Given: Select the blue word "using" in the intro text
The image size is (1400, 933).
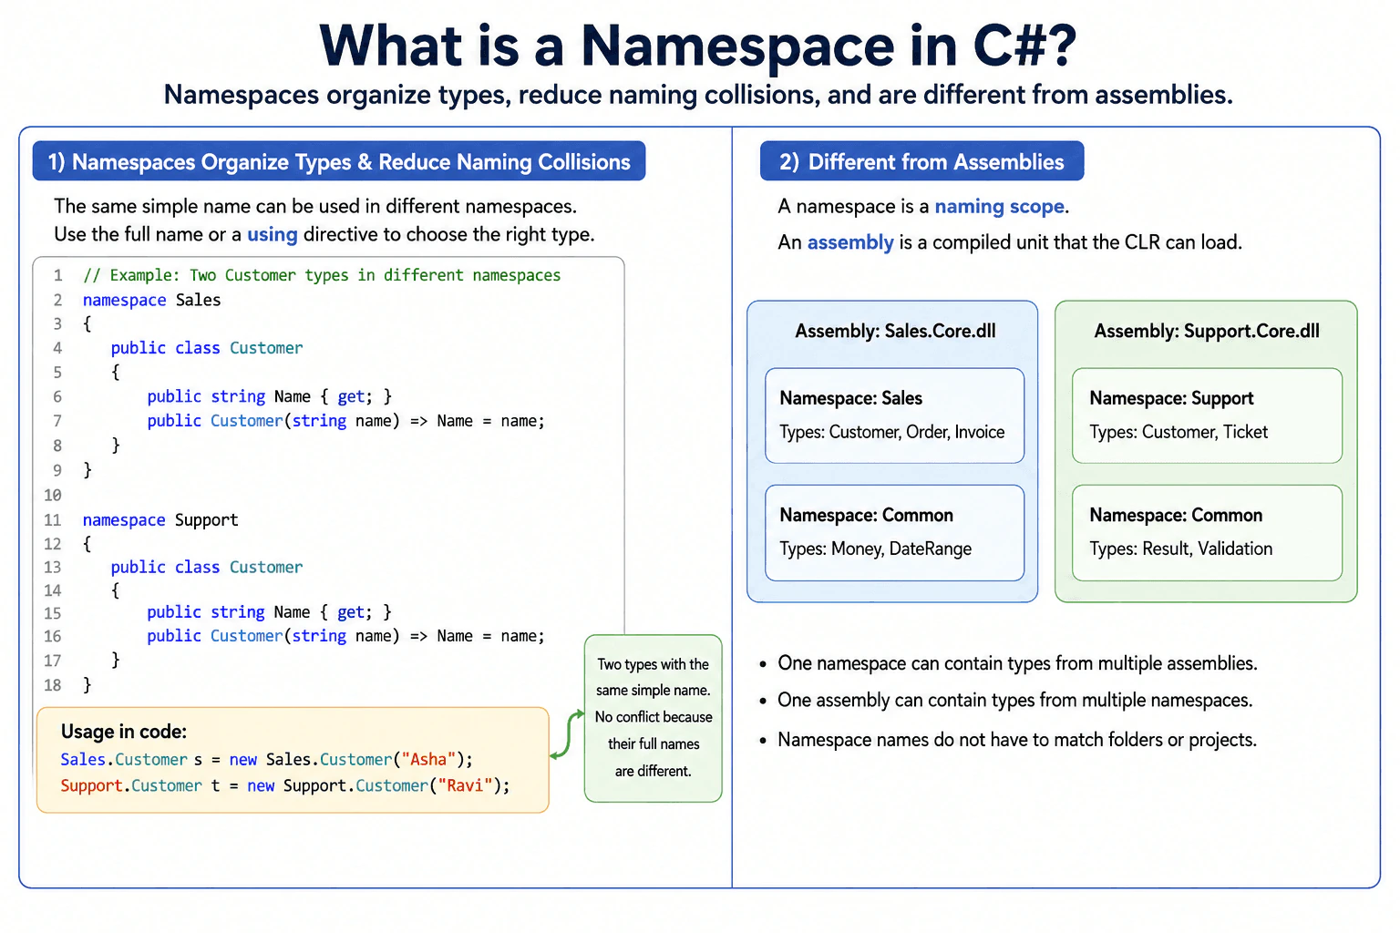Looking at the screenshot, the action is point(273,235).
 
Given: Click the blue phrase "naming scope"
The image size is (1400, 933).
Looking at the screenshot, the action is point(999,207).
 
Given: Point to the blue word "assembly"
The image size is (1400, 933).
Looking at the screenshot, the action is point(850,242).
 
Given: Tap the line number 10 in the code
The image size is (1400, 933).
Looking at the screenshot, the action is point(53,496).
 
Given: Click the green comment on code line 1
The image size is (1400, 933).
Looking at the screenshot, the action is point(322,275).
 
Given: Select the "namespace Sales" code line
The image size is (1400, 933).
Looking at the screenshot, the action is point(152,300).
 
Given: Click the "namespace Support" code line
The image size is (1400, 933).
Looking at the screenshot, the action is point(160,520).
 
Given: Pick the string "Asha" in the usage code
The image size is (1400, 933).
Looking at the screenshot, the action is point(428,759).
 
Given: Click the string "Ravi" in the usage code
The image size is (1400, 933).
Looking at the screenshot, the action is point(465,785).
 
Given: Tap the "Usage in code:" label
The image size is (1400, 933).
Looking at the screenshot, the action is point(124,731).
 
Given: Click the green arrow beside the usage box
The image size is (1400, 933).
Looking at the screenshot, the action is point(567,735).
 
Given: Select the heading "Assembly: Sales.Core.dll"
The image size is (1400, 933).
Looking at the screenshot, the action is point(895,332).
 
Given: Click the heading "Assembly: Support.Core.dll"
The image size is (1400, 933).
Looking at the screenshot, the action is point(1206,332).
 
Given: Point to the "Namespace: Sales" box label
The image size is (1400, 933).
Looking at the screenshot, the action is point(850,398).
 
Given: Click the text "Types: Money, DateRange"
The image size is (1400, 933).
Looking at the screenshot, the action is point(876,549).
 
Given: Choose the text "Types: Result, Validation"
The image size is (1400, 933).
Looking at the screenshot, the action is point(1180,549).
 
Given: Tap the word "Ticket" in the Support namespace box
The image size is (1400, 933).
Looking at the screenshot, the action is point(1245,432).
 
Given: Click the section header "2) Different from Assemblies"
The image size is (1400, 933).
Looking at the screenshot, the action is point(921,162).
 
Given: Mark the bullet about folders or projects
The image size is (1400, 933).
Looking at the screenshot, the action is point(1007,740).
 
